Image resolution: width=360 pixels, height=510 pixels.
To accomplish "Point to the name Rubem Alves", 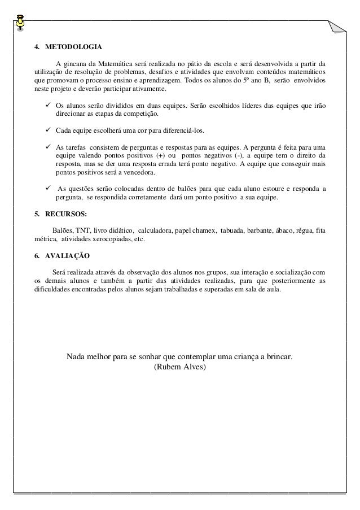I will pos(180,367).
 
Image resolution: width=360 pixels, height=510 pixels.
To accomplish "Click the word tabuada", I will pos(235,230).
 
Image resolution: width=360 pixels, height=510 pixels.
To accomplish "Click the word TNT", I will pos(82,230).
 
